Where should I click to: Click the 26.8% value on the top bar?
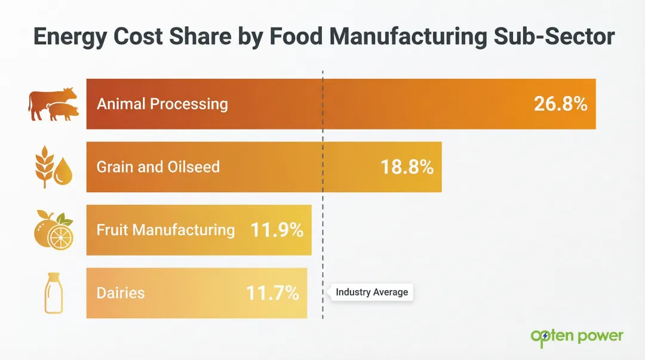click(x=560, y=104)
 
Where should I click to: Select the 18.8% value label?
click(x=407, y=167)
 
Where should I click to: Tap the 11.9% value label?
click(x=277, y=230)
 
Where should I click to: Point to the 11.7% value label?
click(x=272, y=293)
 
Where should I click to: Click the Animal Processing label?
click(x=162, y=104)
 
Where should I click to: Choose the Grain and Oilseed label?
click(x=158, y=167)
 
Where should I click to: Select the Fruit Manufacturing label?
click(x=165, y=230)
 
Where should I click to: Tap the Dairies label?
click(x=120, y=293)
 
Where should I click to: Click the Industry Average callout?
click(x=371, y=293)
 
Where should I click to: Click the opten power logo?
click(x=576, y=337)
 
